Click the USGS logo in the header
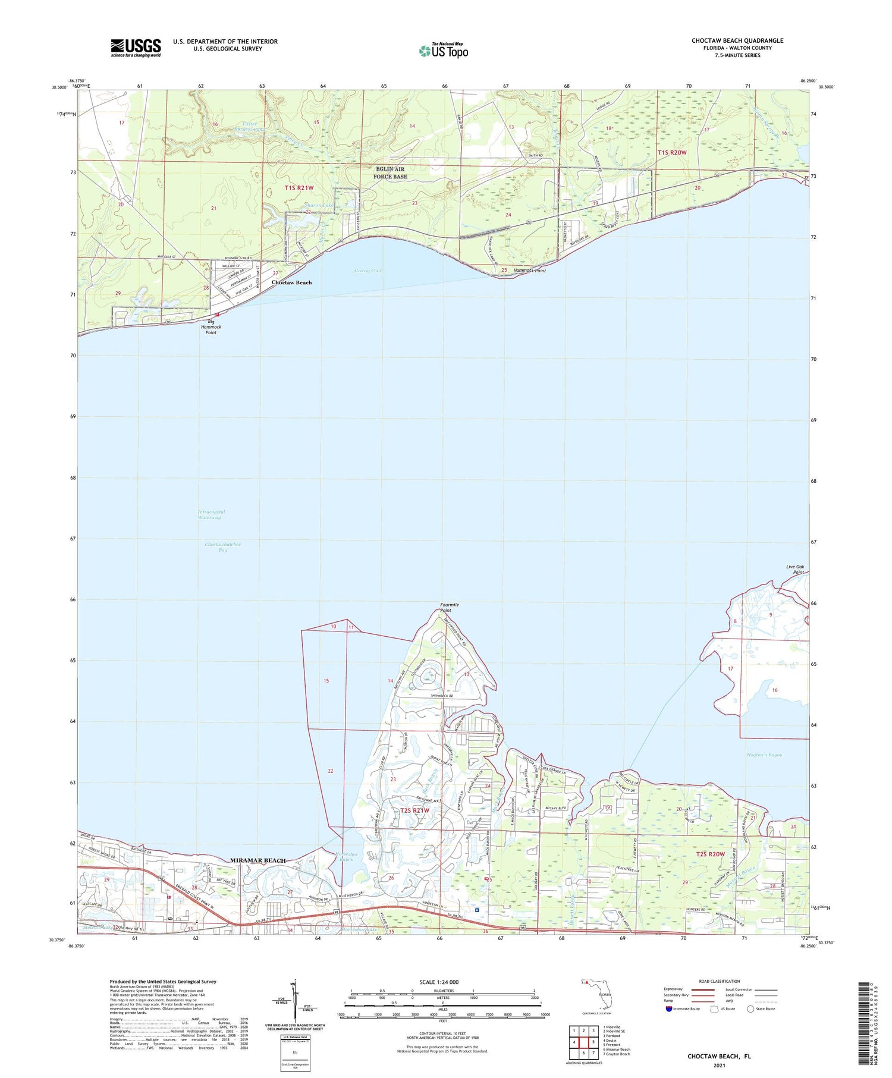pyautogui.click(x=136, y=48)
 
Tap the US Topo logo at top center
pyautogui.click(x=444, y=51)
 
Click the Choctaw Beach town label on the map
pyautogui.click(x=291, y=282)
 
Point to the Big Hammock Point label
pyautogui.click(x=211, y=326)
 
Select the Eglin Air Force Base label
pyautogui.click(x=391, y=173)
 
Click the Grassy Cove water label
pyautogui.click(x=368, y=271)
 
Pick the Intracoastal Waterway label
pyautogui.click(x=211, y=514)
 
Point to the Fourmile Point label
pyautogui.click(x=449, y=607)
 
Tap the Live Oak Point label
pyautogui.click(x=795, y=570)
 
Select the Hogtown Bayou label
pyautogui.click(x=764, y=755)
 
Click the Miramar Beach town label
pyautogui.click(x=258, y=860)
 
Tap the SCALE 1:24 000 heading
pyautogui.click(x=439, y=982)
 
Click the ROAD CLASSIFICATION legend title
pyautogui.click(x=720, y=981)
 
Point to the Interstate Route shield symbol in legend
pyautogui.click(x=669, y=1009)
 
